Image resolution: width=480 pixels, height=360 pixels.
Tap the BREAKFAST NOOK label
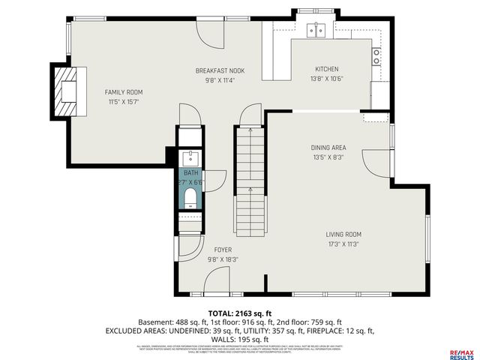click(x=220, y=70)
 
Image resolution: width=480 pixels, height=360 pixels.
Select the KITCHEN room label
click(x=326, y=69)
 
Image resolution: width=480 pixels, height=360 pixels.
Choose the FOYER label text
click(x=223, y=249)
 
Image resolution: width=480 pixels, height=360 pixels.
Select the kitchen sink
click(x=317, y=31)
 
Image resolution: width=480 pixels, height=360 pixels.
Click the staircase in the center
click(x=250, y=180)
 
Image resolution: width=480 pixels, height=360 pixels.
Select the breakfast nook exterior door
click(x=210, y=30)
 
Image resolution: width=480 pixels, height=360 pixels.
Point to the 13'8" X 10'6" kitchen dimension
click(x=326, y=78)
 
